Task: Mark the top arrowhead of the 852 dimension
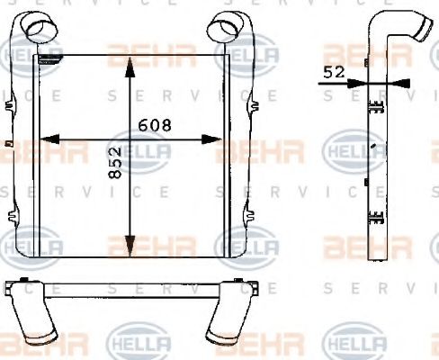coord(131,62)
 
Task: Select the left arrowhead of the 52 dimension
coord(360,82)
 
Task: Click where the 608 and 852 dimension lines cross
coord(131,139)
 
